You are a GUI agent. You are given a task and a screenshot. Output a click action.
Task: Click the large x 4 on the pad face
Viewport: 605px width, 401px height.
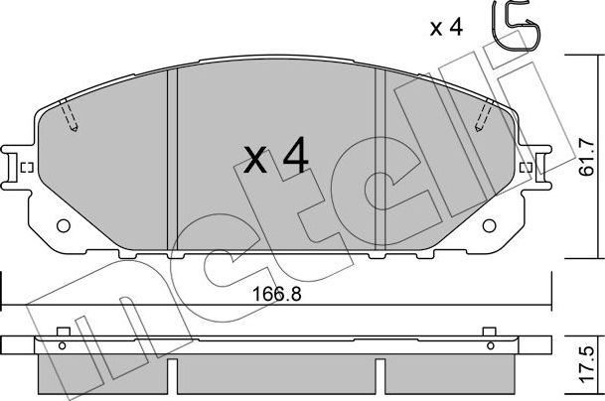[275, 158]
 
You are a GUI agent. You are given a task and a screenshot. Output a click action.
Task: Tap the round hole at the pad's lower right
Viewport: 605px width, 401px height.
[489, 225]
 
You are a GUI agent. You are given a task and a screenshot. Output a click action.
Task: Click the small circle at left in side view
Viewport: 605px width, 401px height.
[63, 346]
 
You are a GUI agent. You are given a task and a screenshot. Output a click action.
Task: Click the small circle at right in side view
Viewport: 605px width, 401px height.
[489, 346]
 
